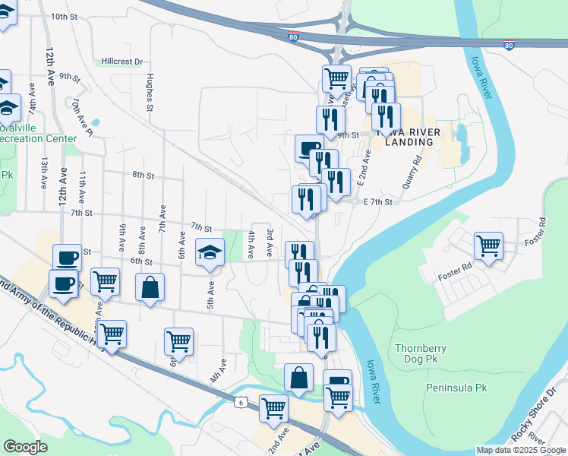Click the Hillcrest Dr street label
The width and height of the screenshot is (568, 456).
[122, 62]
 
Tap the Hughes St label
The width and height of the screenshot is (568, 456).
[150, 92]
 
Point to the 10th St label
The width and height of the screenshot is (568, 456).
[65, 16]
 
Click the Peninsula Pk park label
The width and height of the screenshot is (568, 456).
[456, 388]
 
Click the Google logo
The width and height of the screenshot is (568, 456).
[26, 447]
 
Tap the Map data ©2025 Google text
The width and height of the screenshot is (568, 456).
[521, 450]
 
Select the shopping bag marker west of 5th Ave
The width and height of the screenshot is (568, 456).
[150, 288]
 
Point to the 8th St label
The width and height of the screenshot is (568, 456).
[143, 175]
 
